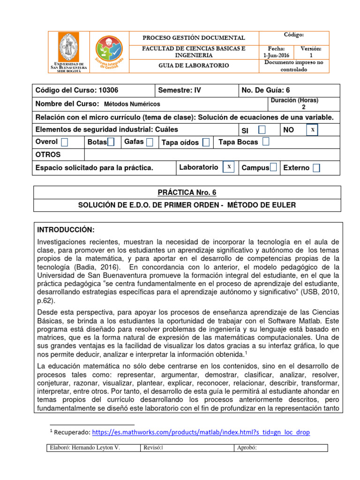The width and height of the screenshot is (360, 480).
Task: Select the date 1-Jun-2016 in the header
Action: pyautogui.click(x=276, y=55)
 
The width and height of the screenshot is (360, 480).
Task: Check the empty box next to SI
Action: pyautogui.click(x=262, y=129)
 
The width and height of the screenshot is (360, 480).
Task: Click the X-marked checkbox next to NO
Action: pyautogui.click(x=312, y=129)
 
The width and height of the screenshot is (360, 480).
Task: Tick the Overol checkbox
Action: pyautogui.click(x=64, y=142)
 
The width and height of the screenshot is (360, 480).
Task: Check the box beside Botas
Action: pyautogui.click(x=111, y=142)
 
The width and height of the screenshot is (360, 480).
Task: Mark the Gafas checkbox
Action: pyautogui.click(x=149, y=142)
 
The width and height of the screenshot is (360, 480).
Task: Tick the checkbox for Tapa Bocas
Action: pyautogui.click(x=266, y=142)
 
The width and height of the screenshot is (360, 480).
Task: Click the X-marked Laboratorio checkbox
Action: pyautogui.click(x=228, y=167)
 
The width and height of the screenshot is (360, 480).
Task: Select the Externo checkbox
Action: pyautogui.click(x=316, y=168)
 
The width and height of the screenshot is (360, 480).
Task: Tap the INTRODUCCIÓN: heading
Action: pyautogui.click(x=66, y=230)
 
